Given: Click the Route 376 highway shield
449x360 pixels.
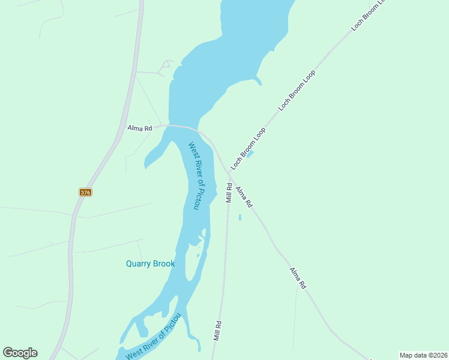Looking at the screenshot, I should (85, 192).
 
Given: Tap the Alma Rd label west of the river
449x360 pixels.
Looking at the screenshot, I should (140, 128).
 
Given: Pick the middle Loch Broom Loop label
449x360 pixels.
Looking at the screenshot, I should (297, 90).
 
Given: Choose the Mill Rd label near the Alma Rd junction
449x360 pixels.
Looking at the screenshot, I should (229, 192).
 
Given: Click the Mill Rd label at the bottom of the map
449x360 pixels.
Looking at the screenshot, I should (218, 331).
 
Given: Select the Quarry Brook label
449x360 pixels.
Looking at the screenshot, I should (150, 263).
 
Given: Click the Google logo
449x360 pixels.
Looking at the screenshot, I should (20, 353).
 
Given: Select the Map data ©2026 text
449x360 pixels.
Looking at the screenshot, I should (423, 355).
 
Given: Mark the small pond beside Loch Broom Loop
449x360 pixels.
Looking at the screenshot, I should (250, 154).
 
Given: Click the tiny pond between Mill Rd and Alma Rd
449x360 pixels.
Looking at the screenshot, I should (240, 217).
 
